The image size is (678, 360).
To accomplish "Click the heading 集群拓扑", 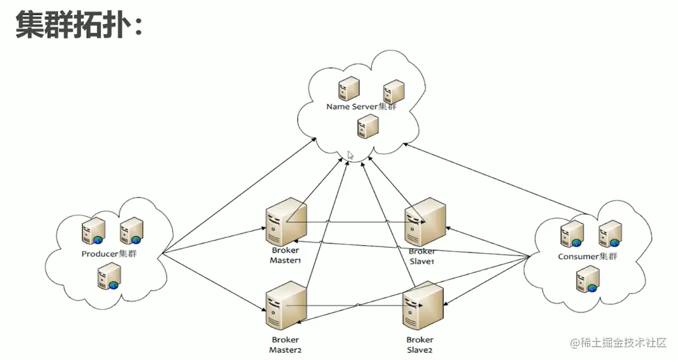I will point(78,25).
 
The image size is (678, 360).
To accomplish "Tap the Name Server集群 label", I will point(362,107).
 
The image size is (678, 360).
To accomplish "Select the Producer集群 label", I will point(109,254).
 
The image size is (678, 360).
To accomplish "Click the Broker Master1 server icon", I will point(286,222).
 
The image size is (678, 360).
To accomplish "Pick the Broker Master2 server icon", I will point(285,305).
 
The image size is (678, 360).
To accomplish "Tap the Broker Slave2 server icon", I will point(423,305).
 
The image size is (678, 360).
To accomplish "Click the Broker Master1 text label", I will point(285,256).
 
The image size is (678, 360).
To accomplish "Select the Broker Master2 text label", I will point(285,345).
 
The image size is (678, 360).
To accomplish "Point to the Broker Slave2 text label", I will point(420,345).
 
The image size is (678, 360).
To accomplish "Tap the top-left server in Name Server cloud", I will point(348,88).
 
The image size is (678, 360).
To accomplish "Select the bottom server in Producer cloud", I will point(108,278).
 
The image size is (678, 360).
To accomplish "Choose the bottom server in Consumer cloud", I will point(587,280).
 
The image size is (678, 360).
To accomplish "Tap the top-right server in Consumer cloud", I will point(610,234).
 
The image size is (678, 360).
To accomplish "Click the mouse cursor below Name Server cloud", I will point(350,155).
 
